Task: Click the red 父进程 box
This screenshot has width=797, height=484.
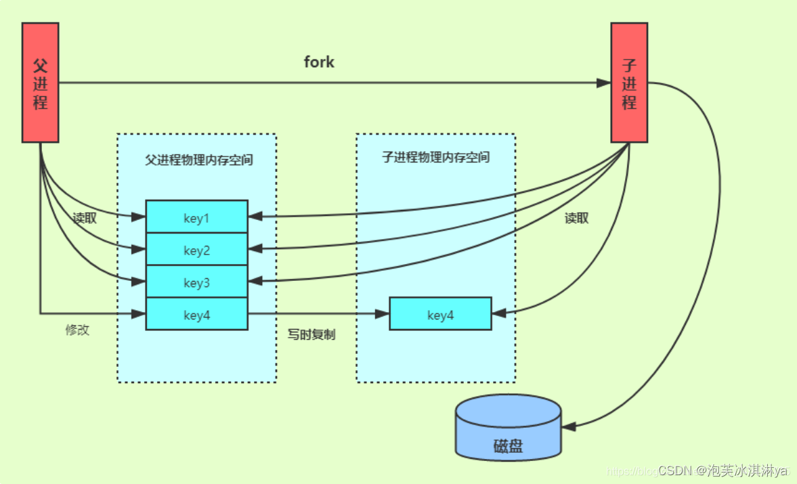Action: point(40,83)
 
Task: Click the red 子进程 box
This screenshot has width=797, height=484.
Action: point(629,83)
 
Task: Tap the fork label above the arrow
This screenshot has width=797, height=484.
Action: point(319,62)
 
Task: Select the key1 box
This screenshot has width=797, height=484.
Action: point(197,217)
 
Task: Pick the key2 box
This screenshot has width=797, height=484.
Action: point(197,250)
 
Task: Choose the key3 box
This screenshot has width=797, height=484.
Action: point(197,282)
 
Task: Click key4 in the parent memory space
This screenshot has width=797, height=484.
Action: point(197,314)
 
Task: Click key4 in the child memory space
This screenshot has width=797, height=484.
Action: point(440,314)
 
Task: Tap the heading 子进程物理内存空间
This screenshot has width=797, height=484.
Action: point(435,158)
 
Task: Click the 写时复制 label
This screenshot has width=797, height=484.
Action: point(311,334)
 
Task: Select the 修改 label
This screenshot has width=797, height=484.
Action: point(77,330)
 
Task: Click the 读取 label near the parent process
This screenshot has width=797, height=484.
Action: point(85,219)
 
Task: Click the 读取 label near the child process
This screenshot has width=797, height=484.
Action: point(576,218)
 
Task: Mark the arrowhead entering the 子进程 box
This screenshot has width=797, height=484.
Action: point(604,83)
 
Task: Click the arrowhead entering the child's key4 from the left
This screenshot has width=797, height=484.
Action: point(383,313)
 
